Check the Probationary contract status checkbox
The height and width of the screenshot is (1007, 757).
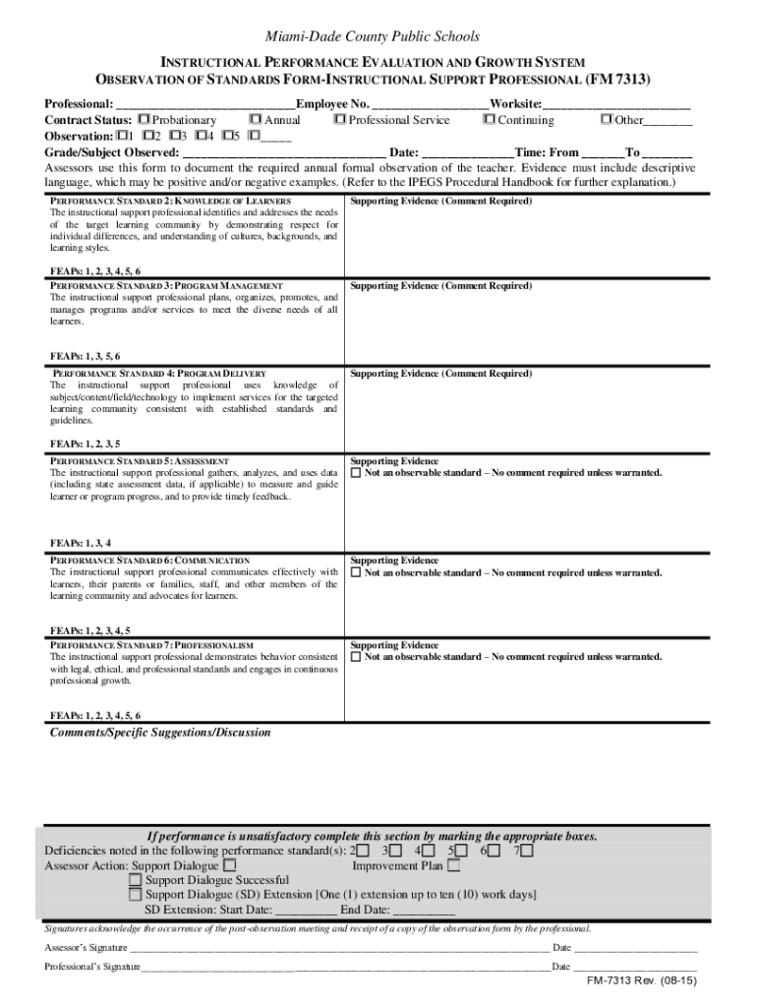144,120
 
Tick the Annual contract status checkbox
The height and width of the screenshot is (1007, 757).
256,120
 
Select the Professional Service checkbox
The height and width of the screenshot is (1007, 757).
340,120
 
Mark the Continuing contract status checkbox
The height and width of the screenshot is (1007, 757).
489,120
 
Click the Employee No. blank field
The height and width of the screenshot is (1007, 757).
431,104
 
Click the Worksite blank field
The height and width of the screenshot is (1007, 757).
616,104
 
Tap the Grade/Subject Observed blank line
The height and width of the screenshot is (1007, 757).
284,153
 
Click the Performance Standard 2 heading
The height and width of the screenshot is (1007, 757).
170,201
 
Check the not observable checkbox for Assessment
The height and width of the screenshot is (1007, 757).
357,473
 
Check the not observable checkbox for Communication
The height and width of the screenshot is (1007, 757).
357,572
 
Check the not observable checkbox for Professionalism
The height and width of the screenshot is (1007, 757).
357,657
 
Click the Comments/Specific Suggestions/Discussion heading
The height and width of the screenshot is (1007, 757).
160,733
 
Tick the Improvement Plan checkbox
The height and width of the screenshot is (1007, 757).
453,866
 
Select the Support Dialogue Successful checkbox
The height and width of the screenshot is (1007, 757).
135,880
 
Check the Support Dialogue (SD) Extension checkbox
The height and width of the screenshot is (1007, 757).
135,895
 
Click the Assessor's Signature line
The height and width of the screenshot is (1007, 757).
339,949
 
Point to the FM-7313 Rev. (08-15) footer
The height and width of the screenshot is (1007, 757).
642,982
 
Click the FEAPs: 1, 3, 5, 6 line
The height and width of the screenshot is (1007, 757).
86,356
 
